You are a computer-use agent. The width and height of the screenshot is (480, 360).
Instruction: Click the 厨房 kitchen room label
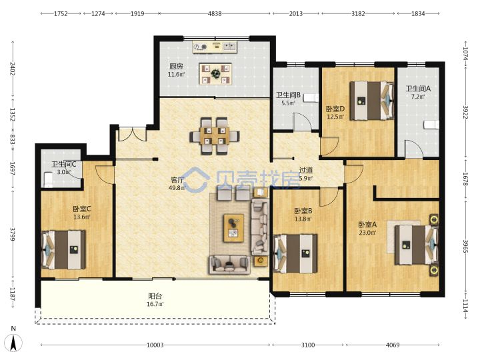click(176, 66)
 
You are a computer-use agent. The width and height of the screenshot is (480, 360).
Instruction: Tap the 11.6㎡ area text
click(176, 75)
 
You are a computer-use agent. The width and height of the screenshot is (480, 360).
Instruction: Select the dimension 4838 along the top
click(215, 13)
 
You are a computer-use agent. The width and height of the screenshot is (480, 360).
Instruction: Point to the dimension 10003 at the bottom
click(155, 345)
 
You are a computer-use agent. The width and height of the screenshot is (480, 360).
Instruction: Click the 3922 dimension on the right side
click(465, 113)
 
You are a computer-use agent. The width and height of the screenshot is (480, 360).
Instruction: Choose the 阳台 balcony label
click(155, 296)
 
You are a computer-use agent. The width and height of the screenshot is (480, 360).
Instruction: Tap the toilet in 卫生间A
click(431, 125)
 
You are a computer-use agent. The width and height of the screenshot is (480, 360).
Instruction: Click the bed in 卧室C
click(63, 250)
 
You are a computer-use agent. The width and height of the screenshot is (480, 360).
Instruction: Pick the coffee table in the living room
click(234, 228)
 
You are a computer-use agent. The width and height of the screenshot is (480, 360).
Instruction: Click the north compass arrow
click(13, 342)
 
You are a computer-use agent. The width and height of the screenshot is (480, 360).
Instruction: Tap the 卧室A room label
click(367, 225)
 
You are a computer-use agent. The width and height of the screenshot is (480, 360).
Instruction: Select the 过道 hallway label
click(306, 170)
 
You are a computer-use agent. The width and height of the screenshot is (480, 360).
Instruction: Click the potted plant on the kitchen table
click(216, 73)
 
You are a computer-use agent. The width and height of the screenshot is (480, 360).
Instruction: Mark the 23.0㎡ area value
click(367, 233)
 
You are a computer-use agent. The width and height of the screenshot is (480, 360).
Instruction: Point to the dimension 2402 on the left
click(13, 69)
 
